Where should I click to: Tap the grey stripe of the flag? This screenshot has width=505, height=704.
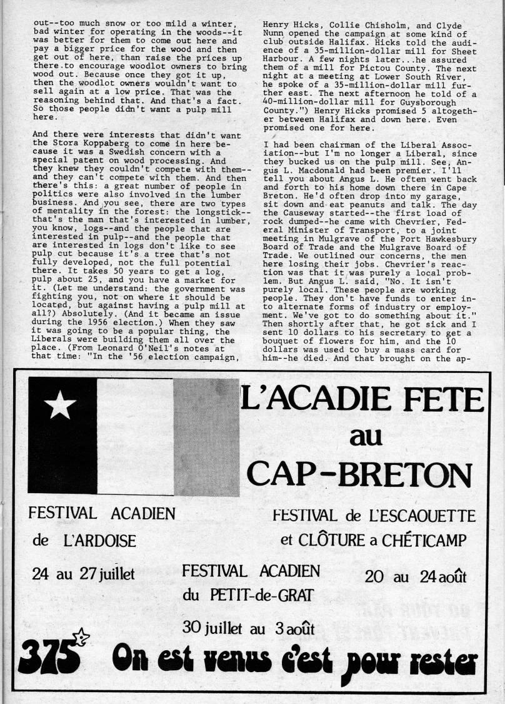206,436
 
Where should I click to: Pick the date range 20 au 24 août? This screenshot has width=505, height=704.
416,576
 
